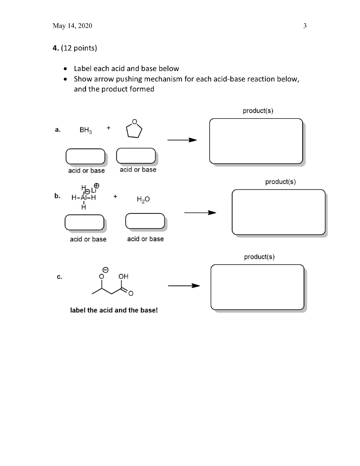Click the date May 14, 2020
pyautogui.click(x=72, y=26)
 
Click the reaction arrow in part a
pyautogui.click(x=182, y=140)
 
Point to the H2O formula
pyautogui.click(x=142, y=200)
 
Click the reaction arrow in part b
pyautogui.click(x=199, y=213)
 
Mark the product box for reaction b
pyautogui.click(x=279, y=212)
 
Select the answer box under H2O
pyautogui.click(x=145, y=221)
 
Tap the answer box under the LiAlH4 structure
pyautogui.click(x=85, y=222)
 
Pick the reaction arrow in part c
pyautogui.click(x=184, y=286)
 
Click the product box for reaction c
pyautogui.click(x=257, y=287)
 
